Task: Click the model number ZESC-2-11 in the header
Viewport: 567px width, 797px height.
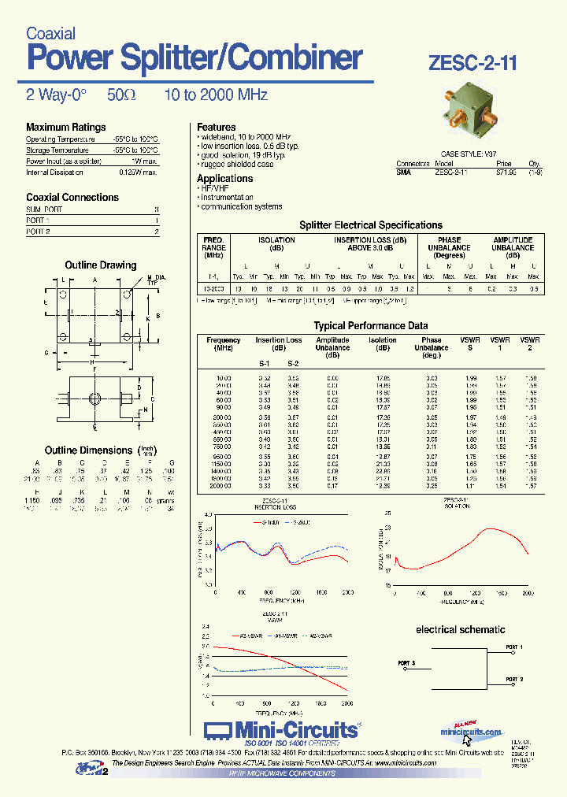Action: tap(473, 64)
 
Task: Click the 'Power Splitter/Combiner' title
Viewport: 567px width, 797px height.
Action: tap(195, 58)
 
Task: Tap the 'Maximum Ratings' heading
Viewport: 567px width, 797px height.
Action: tap(65, 128)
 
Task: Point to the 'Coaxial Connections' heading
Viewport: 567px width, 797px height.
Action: tap(72, 198)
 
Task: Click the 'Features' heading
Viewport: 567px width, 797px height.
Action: tap(216, 127)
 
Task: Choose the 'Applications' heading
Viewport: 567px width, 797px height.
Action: tap(224, 179)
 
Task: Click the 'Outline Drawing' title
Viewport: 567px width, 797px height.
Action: tap(100, 265)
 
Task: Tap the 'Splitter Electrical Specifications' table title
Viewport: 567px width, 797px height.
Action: tap(371, 225)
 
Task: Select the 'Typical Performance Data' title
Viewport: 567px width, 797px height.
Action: tap(371, 325)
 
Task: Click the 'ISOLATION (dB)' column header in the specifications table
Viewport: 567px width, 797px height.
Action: tap(276, 244)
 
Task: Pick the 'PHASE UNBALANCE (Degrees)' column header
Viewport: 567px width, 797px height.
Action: tap(449, 247)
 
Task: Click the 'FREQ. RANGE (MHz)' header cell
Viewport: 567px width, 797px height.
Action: tap(213, 247)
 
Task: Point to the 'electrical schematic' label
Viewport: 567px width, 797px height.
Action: tap(460, 629)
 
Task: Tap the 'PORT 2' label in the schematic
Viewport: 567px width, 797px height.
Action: tap(514, 679)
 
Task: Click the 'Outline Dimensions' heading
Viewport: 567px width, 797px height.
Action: tap(88, 450)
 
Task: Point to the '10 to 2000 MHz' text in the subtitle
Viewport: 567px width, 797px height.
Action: tap(216, 95)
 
